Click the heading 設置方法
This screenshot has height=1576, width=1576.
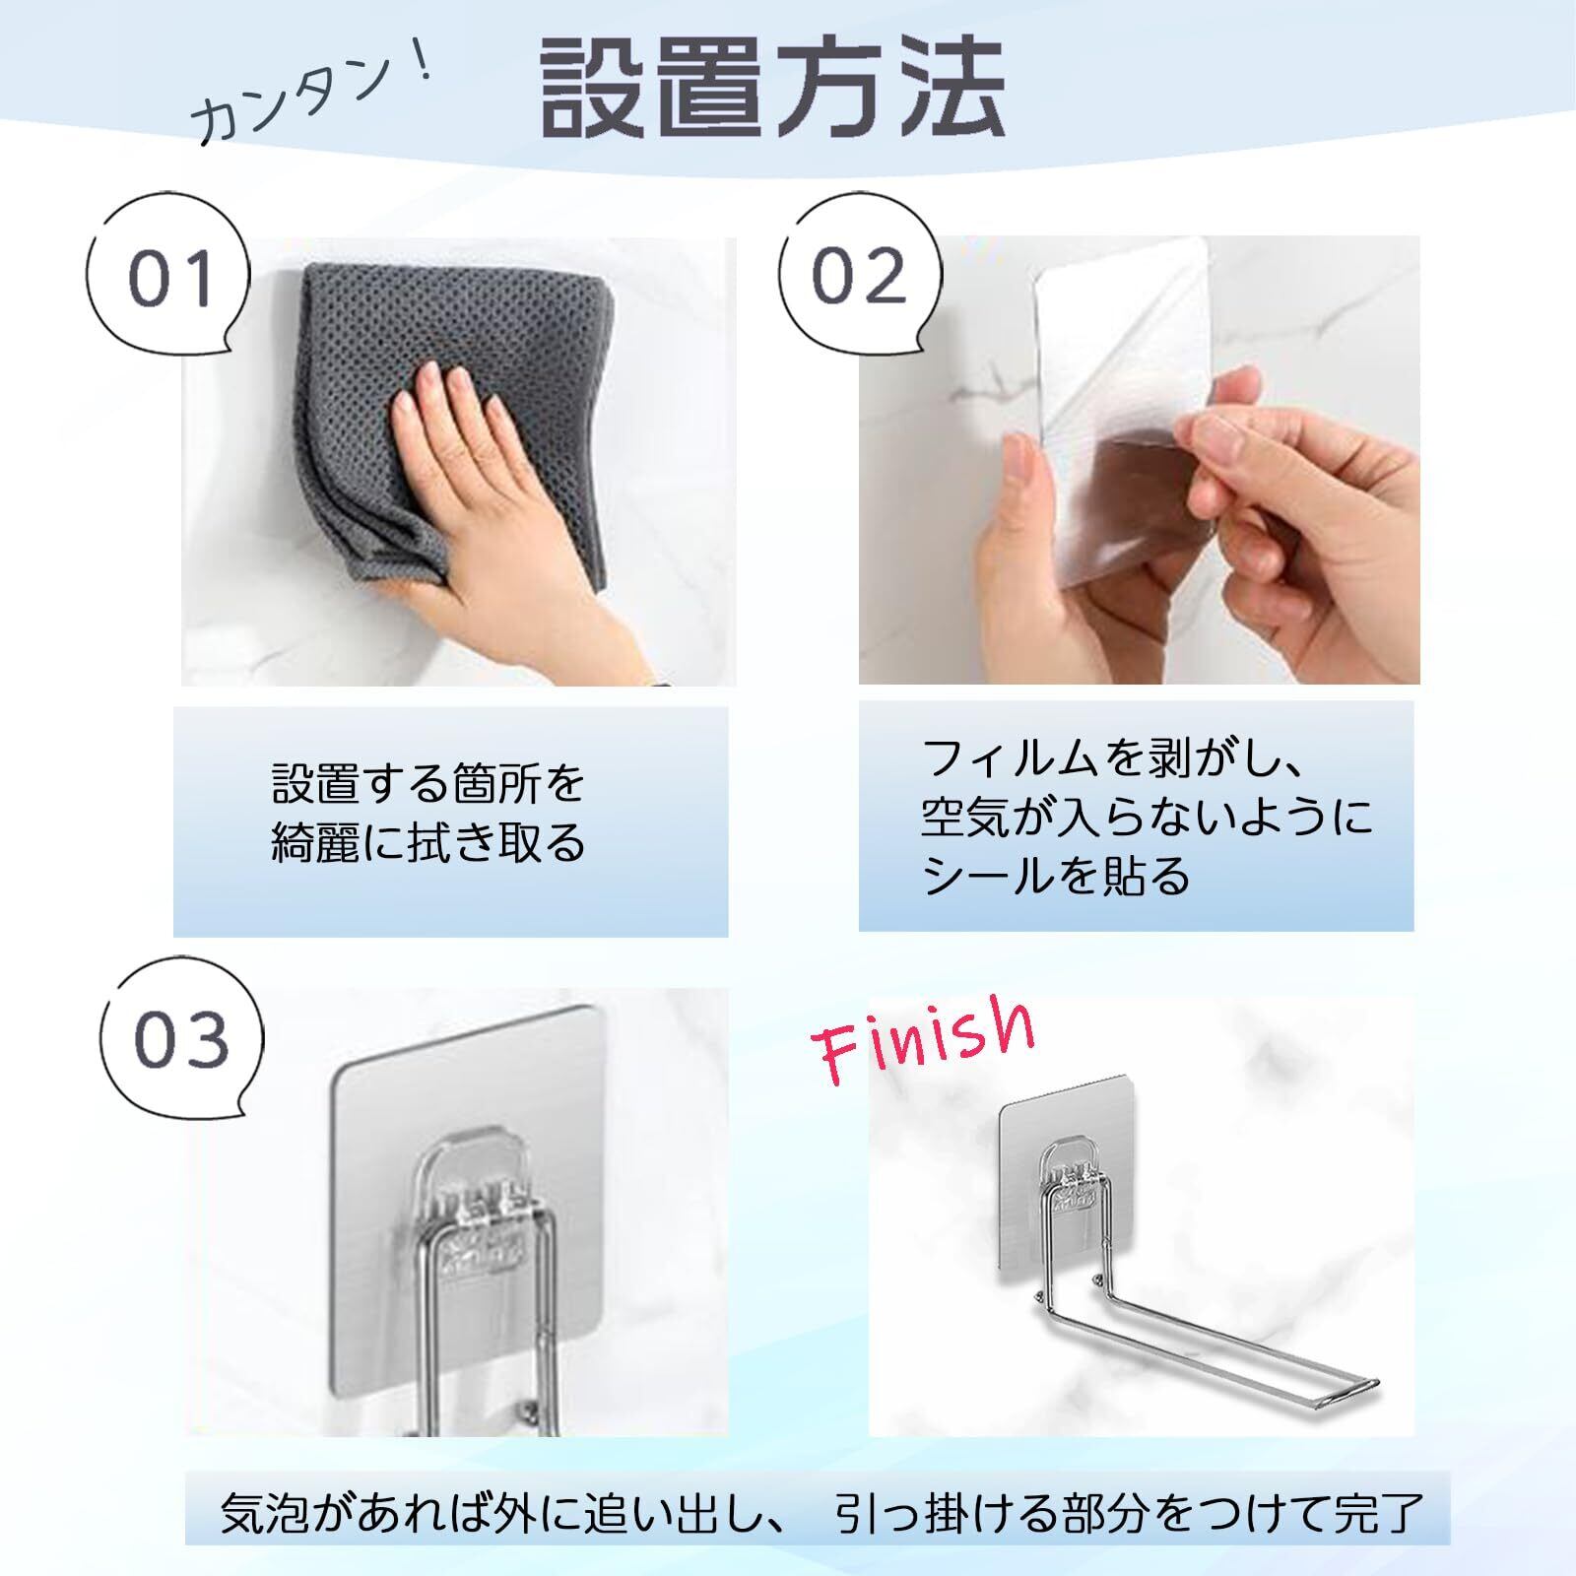774,88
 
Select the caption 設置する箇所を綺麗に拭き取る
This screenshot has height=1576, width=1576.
428,814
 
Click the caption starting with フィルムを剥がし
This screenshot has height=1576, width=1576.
1147,817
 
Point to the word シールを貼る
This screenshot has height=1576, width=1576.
1056,875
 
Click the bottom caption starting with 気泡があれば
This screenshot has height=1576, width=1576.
822,1513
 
